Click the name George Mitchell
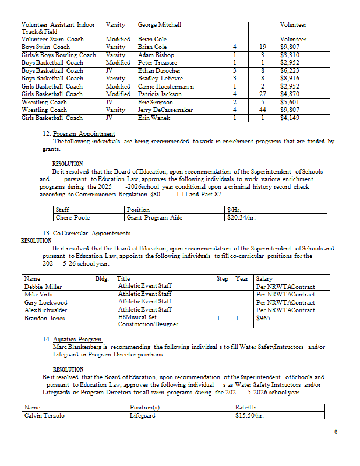(x=160, y=25)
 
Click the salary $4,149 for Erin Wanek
(x=290, y=118)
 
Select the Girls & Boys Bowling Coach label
(x=59, y=55)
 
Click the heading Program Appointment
(x=84, y=134)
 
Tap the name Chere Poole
(x=73, y=218)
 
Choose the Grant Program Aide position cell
(x=155, y=218)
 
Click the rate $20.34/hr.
(x=242, y=218)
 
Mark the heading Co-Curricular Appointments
(x=91, y=234)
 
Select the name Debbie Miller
(x=43, y=287)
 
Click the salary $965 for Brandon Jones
(x=264, y=319)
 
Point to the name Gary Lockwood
(x=45, y=303)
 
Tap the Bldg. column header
(x=102, y=279)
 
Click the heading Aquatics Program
(x=77, y=339)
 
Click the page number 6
(x=336, y=431)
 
